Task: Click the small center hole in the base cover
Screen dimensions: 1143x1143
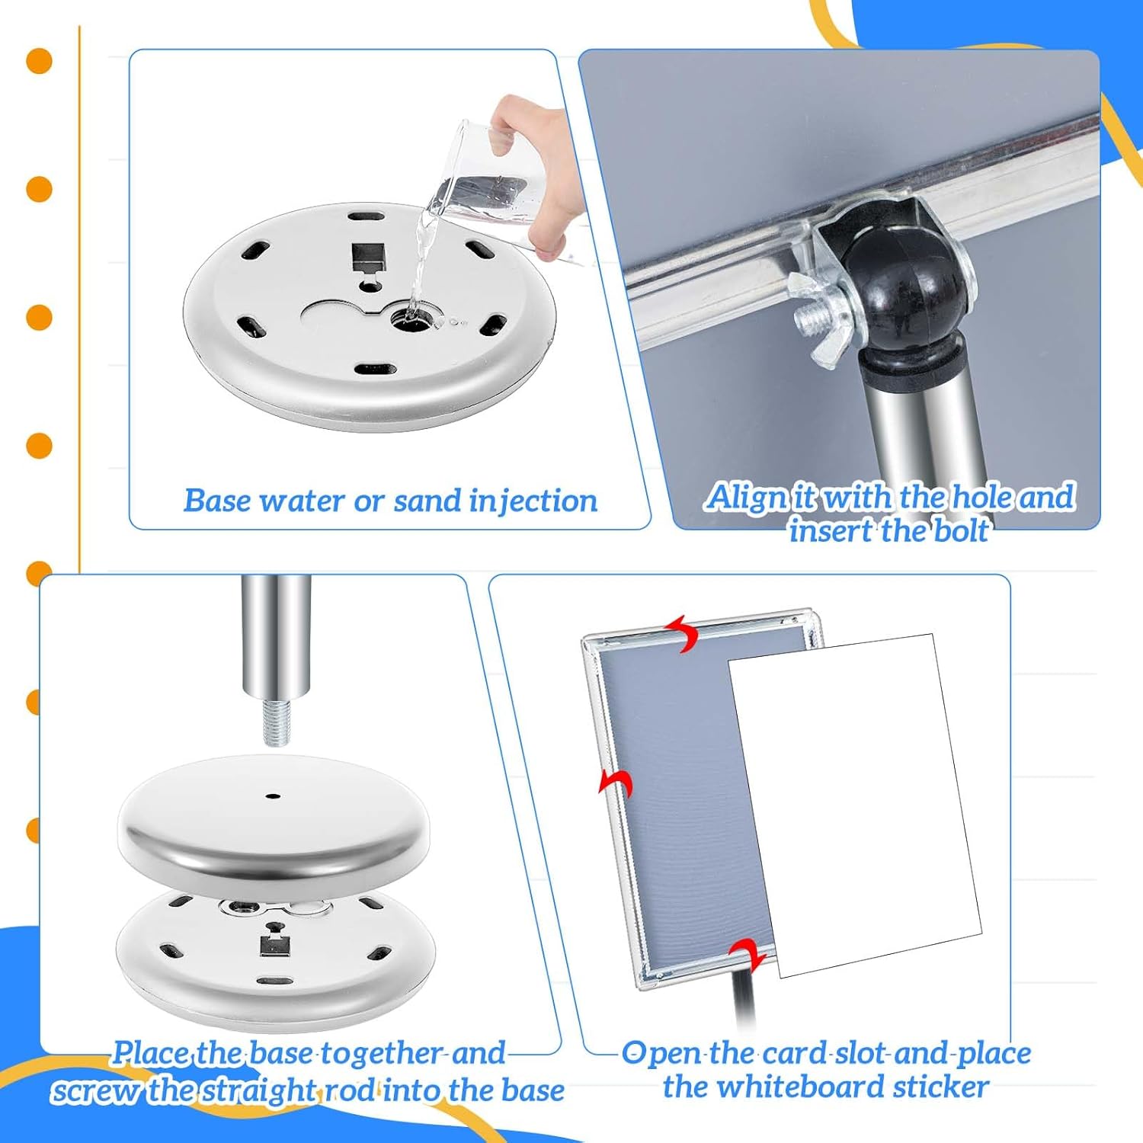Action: pyautogui.click(x=273, y=796)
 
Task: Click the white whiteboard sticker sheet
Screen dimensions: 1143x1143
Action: pyautogui.click(x=853, y=800)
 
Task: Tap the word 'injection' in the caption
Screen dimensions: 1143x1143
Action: pyautogui.click(x=533, y=501)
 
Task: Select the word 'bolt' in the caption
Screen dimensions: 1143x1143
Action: pyautogui.click(x=961, y=531)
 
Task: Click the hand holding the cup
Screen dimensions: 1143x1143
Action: pyautogui.click(x=533, y=152)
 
